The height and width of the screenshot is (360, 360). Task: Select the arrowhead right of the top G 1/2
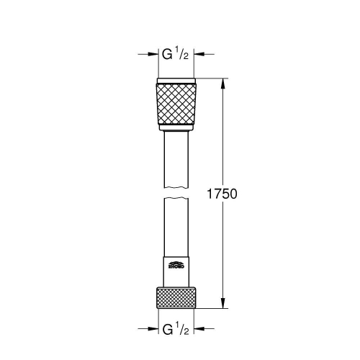pos(200,53)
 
